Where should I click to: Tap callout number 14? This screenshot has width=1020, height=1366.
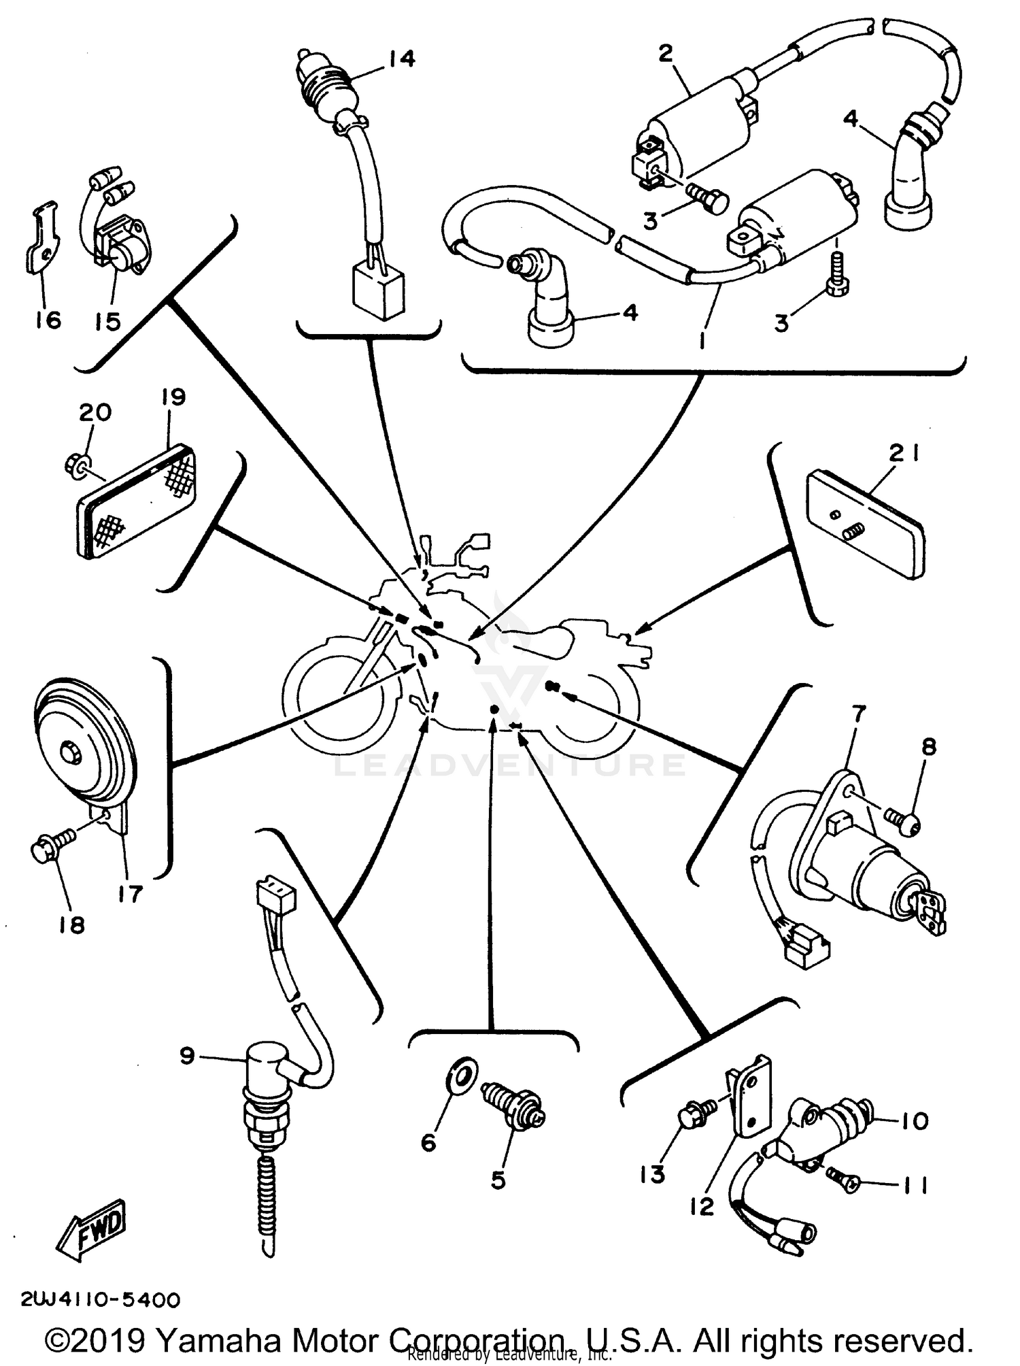[x=401, y=59]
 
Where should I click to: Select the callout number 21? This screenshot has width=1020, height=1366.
[x=904, y=454]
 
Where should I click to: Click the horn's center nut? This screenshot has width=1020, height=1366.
[x=69, y=753]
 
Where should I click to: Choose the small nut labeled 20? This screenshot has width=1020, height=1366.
[x=74, y=465]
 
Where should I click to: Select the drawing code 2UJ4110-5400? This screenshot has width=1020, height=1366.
[x=101, y=1300]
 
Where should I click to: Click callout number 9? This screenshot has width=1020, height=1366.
[x=187, y=1055]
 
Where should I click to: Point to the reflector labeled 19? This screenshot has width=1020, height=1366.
[x=136, y=502]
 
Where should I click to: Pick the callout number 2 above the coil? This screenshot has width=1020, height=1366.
[x=665, y=53]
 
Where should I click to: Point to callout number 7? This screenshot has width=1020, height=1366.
[x=858, y=714]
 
